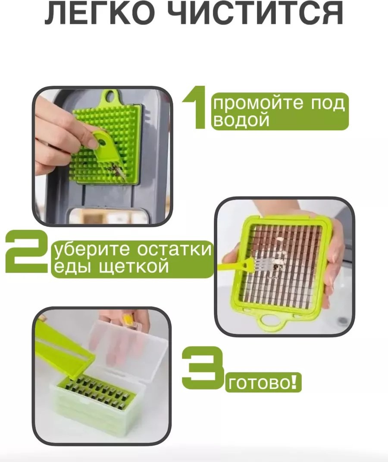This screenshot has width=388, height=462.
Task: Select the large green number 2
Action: pos(26,252)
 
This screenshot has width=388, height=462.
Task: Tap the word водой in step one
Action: pos(241,120)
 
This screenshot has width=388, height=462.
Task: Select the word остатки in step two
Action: pos(174,249)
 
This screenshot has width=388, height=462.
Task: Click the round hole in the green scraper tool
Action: pos(102,143)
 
